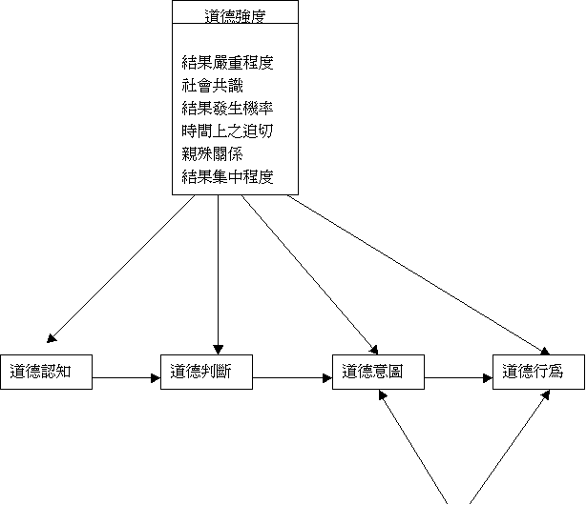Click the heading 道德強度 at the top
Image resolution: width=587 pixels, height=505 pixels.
pyautogui.click(x=235, y=16)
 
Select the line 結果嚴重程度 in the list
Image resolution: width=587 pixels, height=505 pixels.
pyautogui.click(x=227, y=63)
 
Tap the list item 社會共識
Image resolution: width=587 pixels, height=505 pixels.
pyautogui.click(x=212, y=86)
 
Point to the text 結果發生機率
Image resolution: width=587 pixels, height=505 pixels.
pyautogui.click(x=227, y=109)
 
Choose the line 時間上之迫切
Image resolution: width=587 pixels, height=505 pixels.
pyautogui.click(x=227, y=131)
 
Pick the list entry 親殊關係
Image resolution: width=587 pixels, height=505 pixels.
pyautogui.click(x=212, y=154)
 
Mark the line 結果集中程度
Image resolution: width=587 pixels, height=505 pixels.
pyautogui.click(x=227, y=177)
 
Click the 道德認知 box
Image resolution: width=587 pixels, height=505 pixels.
pyautogui.click(x=47, y=372)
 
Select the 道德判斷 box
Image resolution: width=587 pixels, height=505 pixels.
pyautogui.click(x=207, y=372)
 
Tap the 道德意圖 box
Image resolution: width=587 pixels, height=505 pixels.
pyautogui.click(x=379, y=372)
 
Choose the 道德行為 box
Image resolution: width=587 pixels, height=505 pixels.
pyautogui.click(x=538, y=372)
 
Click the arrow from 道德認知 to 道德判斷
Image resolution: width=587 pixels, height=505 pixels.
pyautogui.click(x=127, y=378)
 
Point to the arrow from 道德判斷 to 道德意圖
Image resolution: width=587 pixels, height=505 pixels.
pyautogui.click(x=293, y=378)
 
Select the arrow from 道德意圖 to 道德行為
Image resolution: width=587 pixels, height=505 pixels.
pyautogui.click(x=458, y=378)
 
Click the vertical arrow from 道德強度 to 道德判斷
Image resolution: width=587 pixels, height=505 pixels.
pyautogui.click(x=219, y=274)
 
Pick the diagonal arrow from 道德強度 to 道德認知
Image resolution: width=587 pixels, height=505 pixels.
pyautogui.click(x=121, y=269)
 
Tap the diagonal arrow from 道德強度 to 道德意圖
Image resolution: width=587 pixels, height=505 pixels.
pyautogui.click(x=309, y=274)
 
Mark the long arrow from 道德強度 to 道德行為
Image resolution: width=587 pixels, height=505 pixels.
pyautogui.click(x=418, y=274)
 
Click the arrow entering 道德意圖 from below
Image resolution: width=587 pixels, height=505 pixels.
pyautogui.click(x=413, y=447)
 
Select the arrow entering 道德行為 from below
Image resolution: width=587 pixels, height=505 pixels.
pyautogui.click(x=510, y=447)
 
